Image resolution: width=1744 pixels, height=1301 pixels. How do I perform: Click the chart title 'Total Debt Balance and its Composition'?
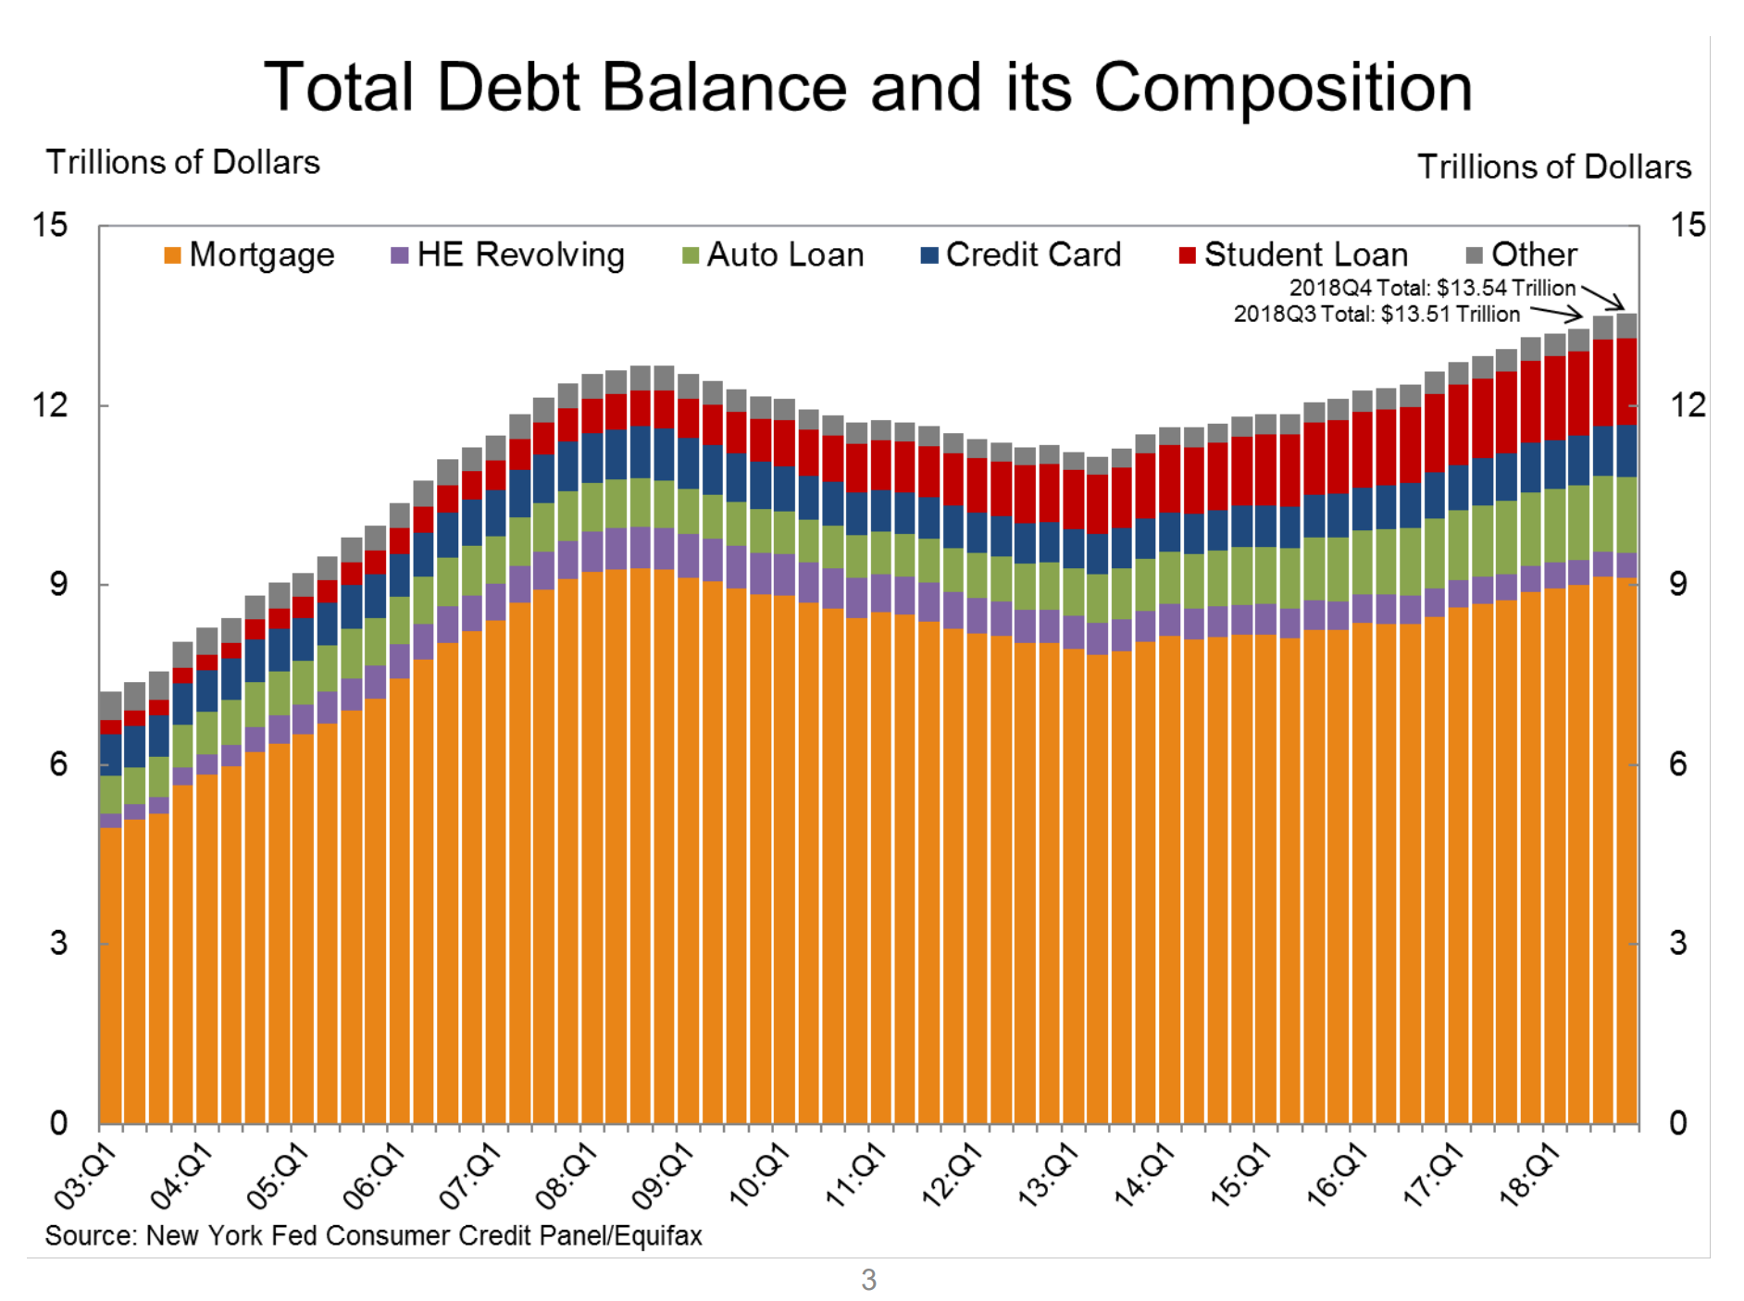pos(867,88)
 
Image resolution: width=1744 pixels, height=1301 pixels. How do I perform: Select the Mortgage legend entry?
pos(250,255)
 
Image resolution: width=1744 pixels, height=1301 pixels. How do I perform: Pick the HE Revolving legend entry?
pos(508,255)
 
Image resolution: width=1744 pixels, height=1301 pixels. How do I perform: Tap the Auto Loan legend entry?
pos(773,255)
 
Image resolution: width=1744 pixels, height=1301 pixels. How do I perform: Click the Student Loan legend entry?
pos(1293,255)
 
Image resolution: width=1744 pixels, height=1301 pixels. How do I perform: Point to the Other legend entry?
pos(1522,255)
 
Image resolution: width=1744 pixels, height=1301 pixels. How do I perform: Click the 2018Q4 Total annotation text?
pos(1432,289)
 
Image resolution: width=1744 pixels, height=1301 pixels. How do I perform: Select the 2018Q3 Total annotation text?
pos(1377,315)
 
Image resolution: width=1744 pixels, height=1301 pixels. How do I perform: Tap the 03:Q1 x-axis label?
pos(86,1176)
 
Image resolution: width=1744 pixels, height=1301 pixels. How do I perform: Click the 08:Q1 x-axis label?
pos(567,1176)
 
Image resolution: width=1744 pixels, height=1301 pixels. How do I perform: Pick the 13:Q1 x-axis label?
pos(1049,1176)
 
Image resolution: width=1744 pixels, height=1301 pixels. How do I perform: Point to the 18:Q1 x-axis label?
pos(1530,1176)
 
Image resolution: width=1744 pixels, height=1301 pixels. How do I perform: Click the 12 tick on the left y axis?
pos(50,405)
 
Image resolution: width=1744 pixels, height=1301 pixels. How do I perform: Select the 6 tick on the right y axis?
pos(1677,764)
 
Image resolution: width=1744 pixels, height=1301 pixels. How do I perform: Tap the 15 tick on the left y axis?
pos(50,225)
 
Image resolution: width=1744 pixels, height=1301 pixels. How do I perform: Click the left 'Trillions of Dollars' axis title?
pos(183,163)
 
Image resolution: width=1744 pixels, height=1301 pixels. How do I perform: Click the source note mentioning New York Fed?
pos(373,1236)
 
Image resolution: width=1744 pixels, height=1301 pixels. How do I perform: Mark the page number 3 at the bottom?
pos(868,1280)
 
